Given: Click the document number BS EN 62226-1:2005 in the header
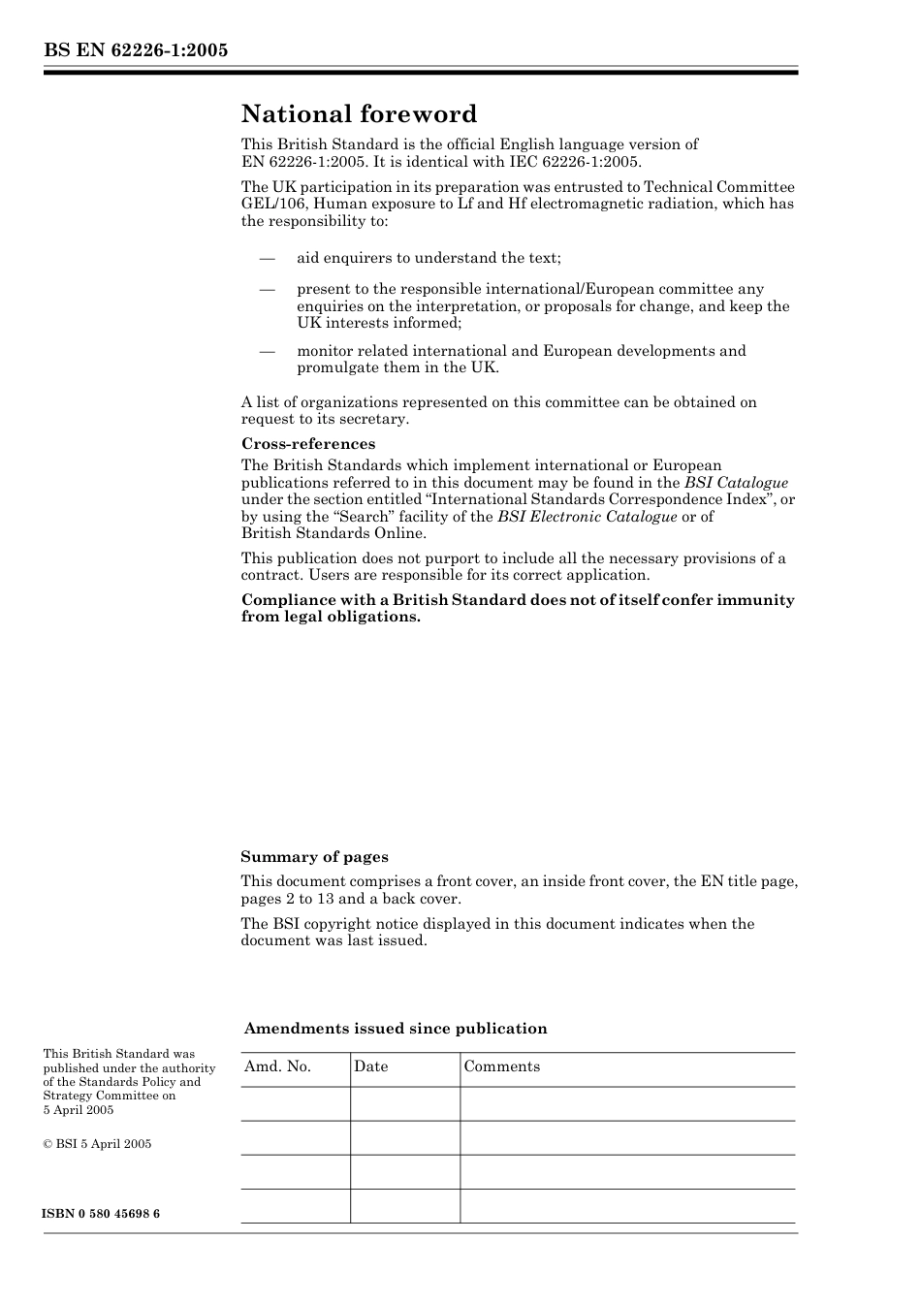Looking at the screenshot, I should coord(135,50).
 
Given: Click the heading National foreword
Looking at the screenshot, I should coord(359,114).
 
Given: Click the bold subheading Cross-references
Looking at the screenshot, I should coord(308,444).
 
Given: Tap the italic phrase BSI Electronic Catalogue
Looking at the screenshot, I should coord(588,517).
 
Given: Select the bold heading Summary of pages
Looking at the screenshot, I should coord(314,857).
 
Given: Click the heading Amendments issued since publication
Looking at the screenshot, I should coord(396,1029).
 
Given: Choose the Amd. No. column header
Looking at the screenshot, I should coord(277,1066).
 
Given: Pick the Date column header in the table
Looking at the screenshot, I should coord(370,1066).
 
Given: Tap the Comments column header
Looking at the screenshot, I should coord(501,1066).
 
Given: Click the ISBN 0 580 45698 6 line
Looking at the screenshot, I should coord(102,1214).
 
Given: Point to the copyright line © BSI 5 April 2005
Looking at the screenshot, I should coord(97,1144).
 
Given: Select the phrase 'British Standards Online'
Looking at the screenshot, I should coord(333,533).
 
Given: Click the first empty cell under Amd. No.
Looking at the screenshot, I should coord(295,1104).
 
